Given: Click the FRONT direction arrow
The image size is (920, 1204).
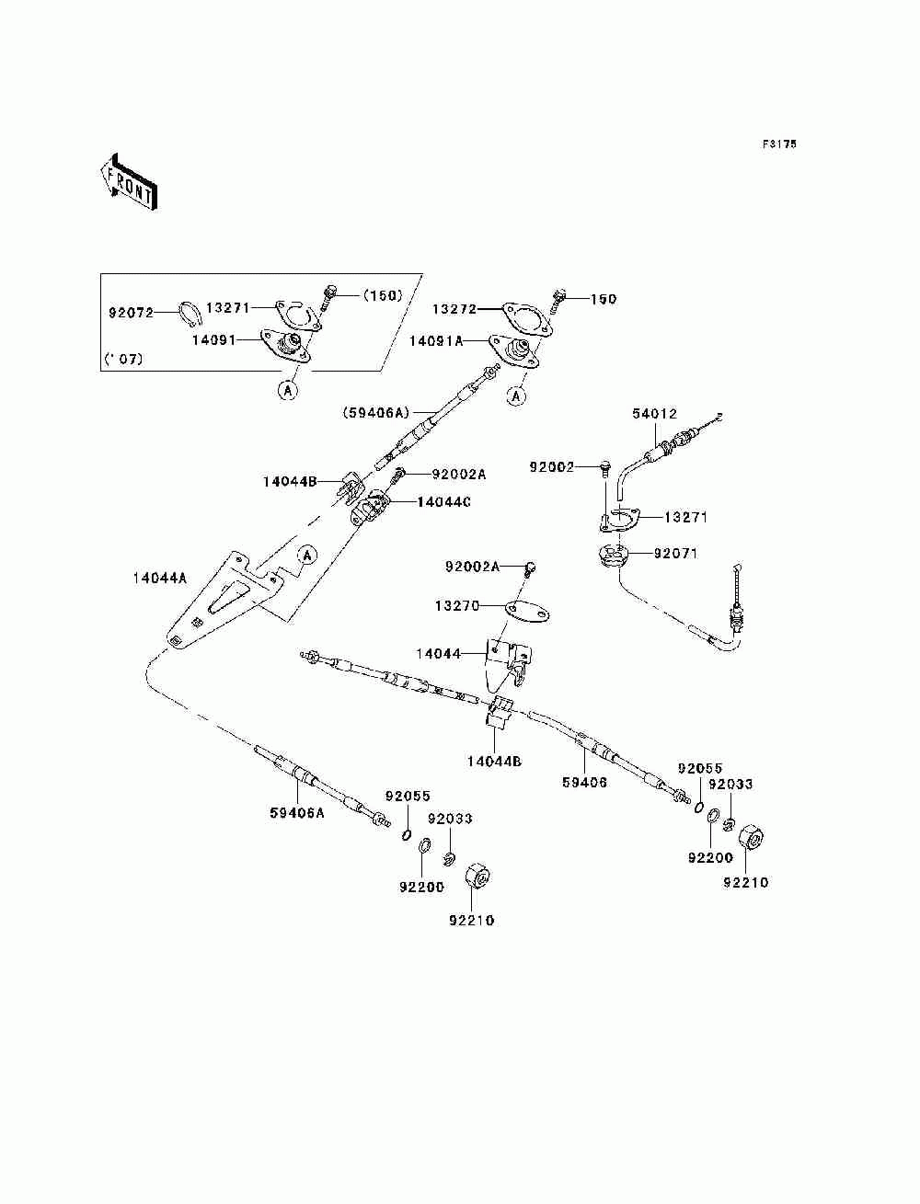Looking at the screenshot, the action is point(129,181).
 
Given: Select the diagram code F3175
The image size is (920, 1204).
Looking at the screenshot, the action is point(778,144).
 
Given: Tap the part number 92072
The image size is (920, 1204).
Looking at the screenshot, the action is point(132,314).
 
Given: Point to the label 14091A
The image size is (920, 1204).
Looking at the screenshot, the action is point(436,341).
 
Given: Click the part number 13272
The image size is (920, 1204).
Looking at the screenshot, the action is point(454,309).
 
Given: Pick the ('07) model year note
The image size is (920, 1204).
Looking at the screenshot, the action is point(123,360).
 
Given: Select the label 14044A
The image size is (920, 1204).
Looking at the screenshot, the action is point(160,578).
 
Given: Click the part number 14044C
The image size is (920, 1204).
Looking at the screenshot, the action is point(443,502).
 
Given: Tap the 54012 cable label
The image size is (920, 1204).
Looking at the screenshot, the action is point(654,414).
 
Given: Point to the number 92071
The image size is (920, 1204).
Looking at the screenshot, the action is point(675,554).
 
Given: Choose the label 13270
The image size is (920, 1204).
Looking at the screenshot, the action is point(457,605).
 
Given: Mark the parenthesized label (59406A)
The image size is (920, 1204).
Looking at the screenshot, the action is point(376,412).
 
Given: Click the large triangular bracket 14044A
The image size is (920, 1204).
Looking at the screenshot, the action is point(224,600).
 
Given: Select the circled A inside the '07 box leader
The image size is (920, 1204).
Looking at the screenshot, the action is point(287,390).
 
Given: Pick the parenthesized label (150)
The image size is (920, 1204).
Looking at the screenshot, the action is point(383,295).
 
